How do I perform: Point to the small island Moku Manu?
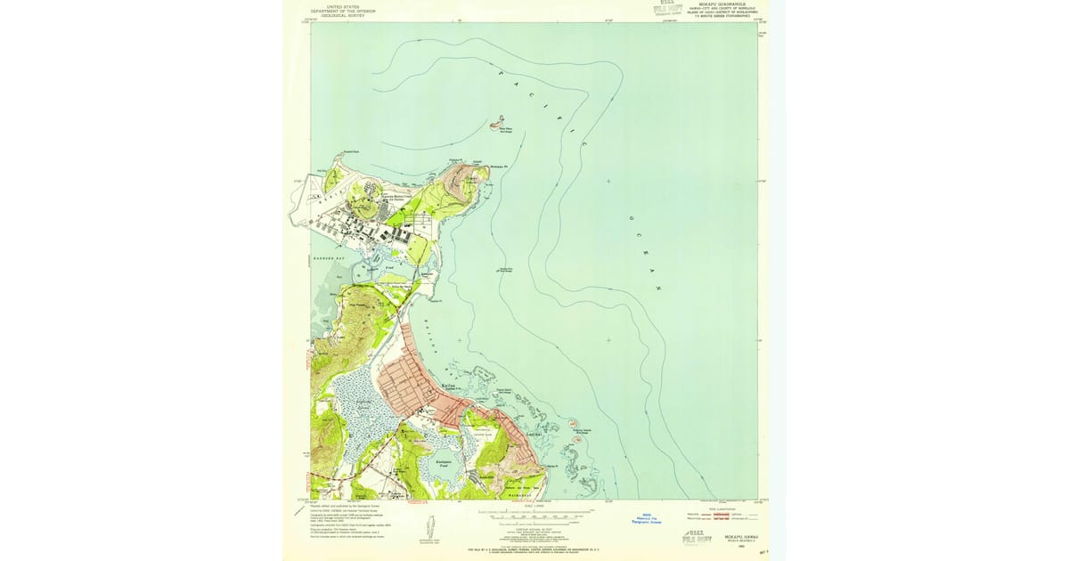(x=500, y=121)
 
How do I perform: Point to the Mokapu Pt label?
(x=498, y=167)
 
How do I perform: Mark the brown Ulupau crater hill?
(x=470, y=181)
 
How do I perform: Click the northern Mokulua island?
(x=575, y=424)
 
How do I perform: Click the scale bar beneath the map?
(x=534, y=515)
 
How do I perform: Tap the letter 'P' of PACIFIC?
(x=501, y=72)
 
